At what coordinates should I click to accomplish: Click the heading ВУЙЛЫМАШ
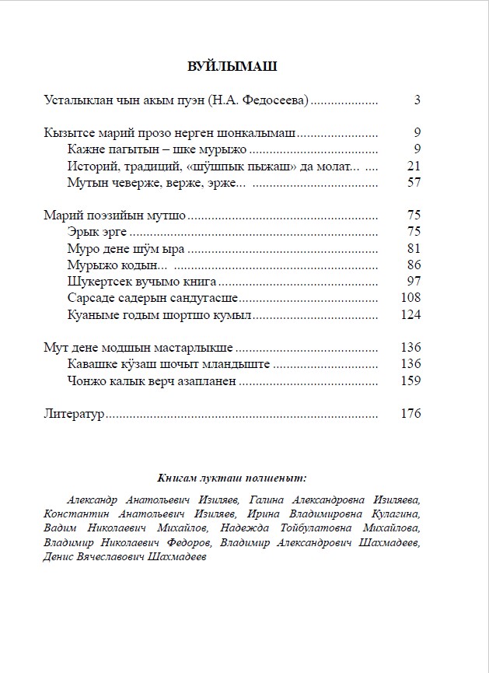[232, 67]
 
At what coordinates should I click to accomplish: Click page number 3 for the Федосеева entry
[417, 100]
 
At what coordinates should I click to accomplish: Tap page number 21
[414, 166]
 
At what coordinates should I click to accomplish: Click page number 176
[410, 414]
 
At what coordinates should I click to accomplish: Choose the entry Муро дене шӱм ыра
[127, 248]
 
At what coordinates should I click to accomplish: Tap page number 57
[414, 182]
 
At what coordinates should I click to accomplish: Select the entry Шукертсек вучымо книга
[142, 281]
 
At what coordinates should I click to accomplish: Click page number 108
[410, 298]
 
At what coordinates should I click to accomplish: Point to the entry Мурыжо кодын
[107, 265]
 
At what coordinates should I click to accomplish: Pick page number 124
[410, 314]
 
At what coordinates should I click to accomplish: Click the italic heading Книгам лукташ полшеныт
[232, 478]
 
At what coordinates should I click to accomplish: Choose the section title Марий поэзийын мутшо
[115, 216]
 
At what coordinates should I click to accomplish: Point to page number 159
[410, 381]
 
